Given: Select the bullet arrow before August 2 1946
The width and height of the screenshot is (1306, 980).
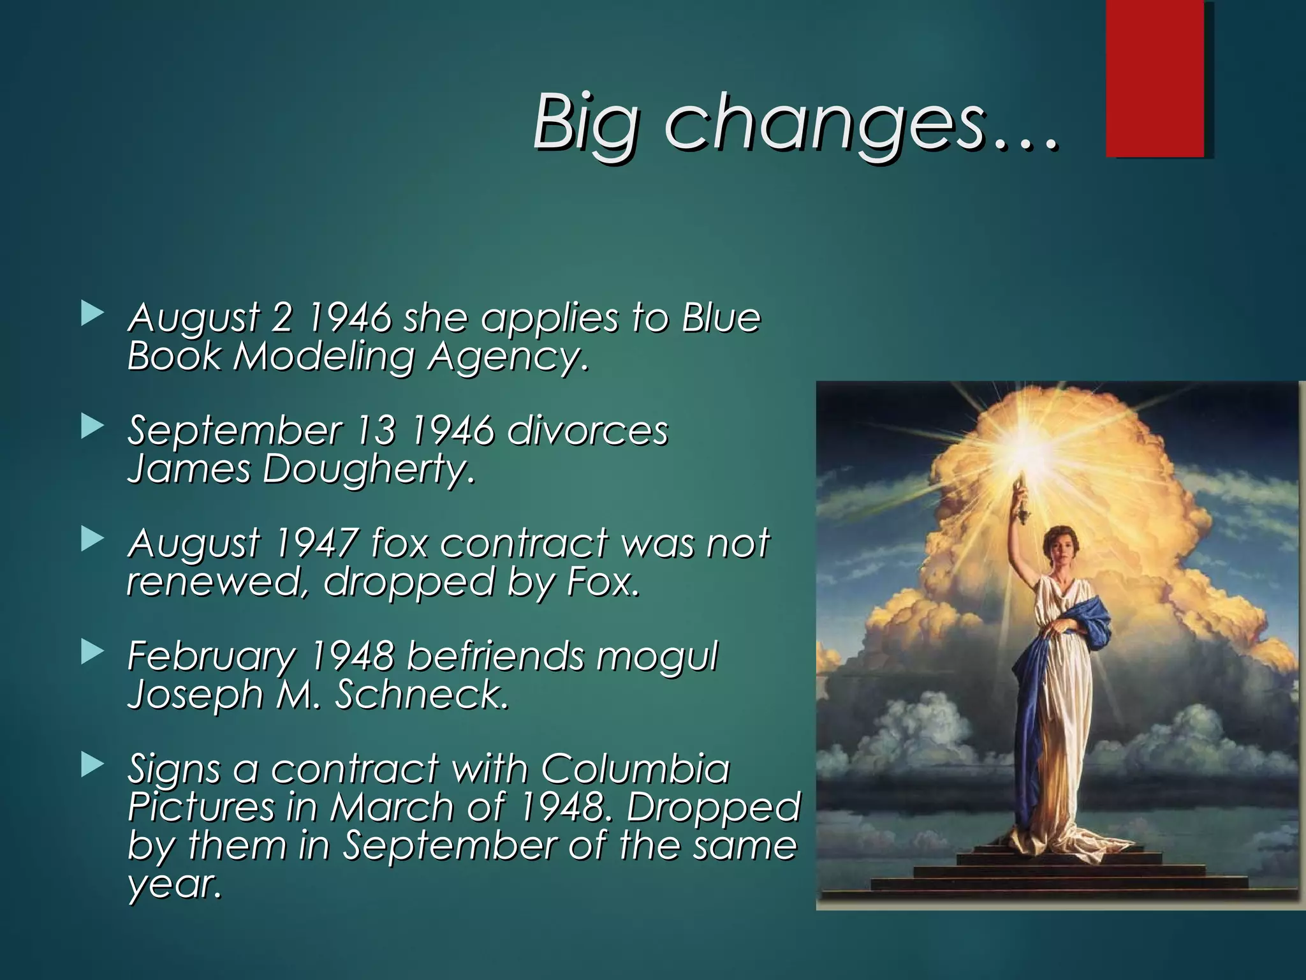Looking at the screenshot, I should pos(92,314).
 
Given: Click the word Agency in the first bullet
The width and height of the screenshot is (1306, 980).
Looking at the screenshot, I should pos(504,357).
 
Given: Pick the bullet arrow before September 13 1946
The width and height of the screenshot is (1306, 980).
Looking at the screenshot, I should pos(92,427).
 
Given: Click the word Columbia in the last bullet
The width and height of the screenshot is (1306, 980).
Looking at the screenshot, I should pos(635,768).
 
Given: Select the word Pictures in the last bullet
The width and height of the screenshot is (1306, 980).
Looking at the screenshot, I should pos(201,807).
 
